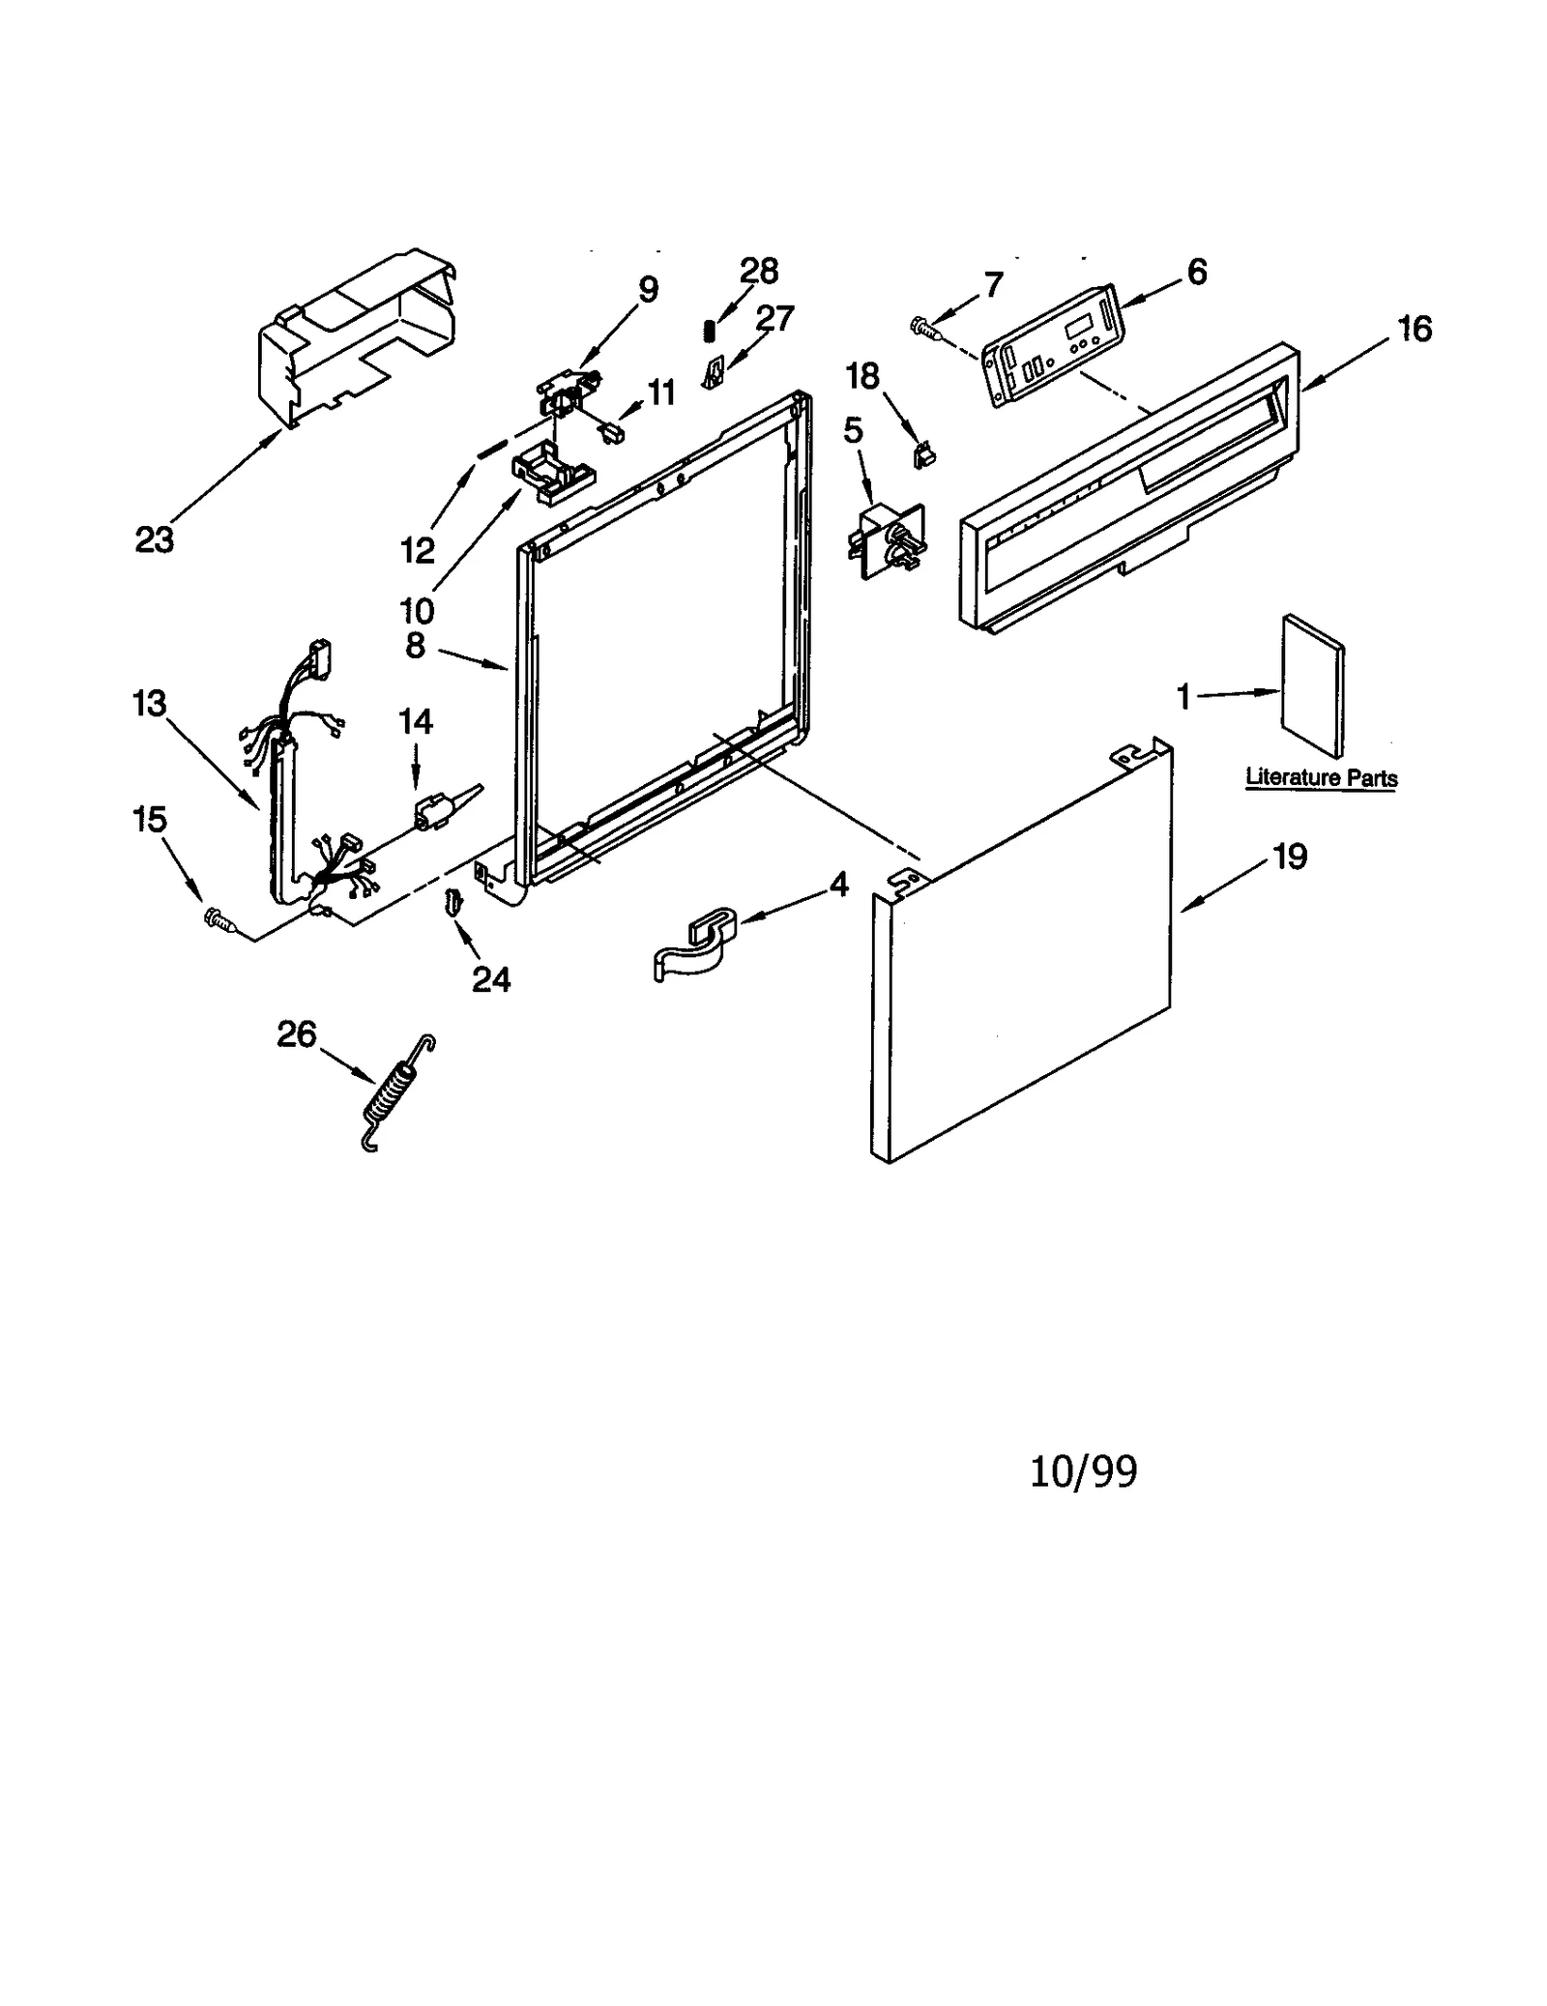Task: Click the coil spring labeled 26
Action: (395, 1095)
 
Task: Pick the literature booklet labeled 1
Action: (1312, 684)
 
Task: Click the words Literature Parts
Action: (1320, 777)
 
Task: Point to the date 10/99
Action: (1084, 1470)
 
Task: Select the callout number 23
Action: (155, 539)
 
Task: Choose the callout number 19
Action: (1291, 856)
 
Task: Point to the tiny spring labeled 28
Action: (710, 331)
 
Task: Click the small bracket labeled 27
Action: (714, 371)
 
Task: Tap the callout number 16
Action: (1414, 329)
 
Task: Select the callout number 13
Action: (150, 704)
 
